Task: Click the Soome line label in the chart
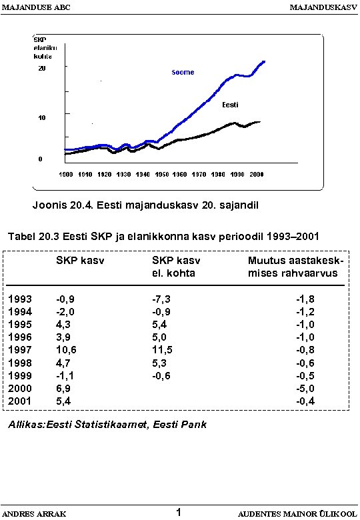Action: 183,72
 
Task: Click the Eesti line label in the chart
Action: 230,105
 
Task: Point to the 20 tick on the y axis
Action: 41,69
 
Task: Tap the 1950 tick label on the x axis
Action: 162,174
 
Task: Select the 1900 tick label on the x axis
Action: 66,174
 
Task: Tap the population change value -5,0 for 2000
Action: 305,388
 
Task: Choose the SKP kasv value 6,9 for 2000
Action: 63,388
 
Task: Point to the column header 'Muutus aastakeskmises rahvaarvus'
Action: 295,267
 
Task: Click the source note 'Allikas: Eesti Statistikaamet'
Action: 107,425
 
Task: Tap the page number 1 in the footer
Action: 179,512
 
